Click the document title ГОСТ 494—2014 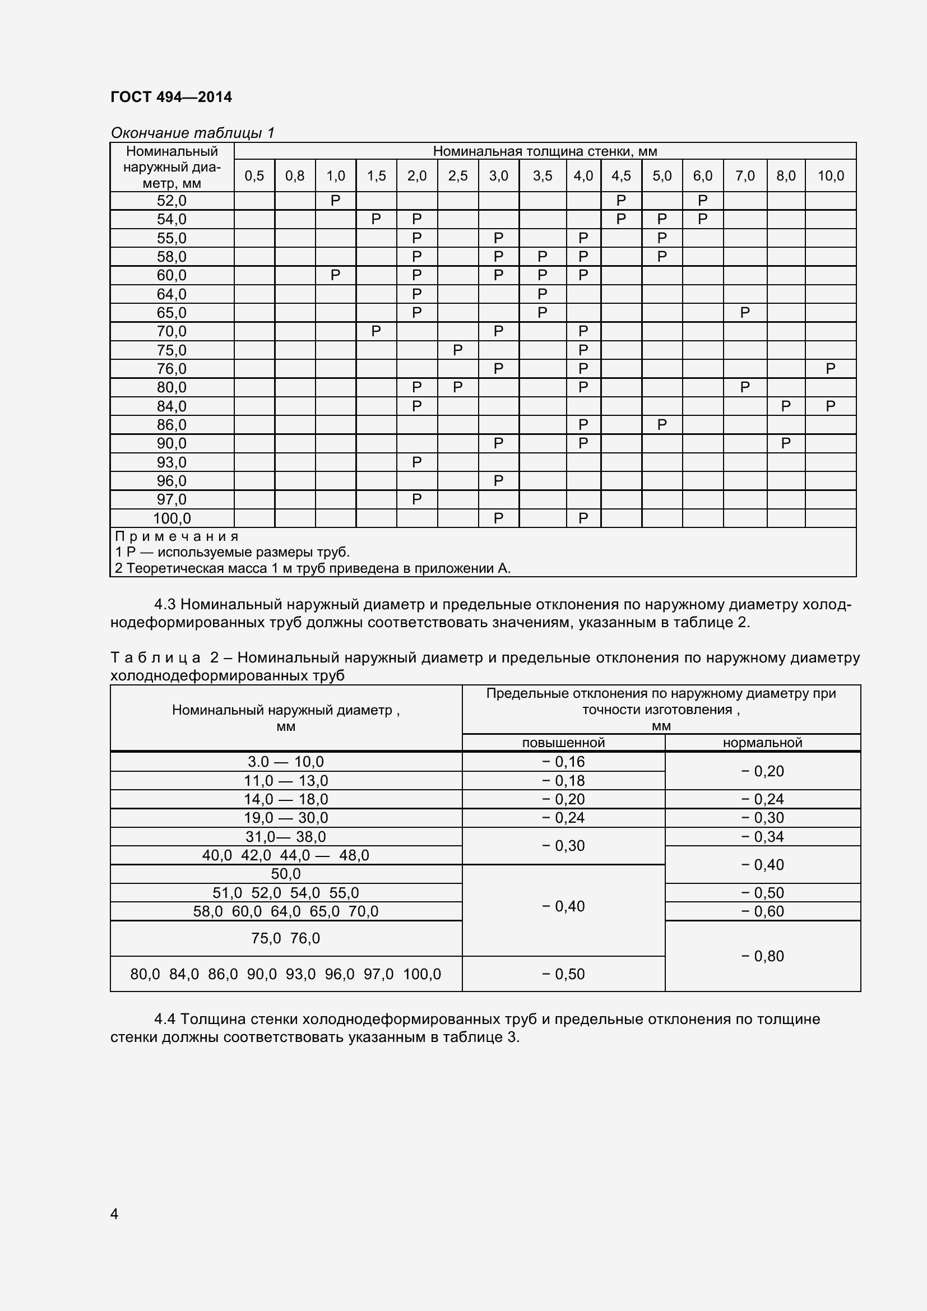pyautogui.click(x=171, y=97)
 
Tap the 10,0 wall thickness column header pyautogui.click(x=830, y=176)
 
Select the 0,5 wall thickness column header pyautogui.click(x=254, y=176)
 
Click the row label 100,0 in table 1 pyautogui.click(x=172, y=518)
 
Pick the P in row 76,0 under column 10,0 pyautogui.click(x=830, y=369)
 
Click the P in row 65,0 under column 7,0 pyautogui.click(x=744, y=313)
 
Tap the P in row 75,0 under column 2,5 pyautogui.click(x=457, y=350)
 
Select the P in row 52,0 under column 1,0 pyautogui.click(x=335, y=201)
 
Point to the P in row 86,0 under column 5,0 pyautogui.click(x=661, y=425)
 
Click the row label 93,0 pyautogui.click(x=172, y=462)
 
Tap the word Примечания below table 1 pyautogui.click(x=177, y=536)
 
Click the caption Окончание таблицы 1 pyautogui.click(x=192, y=133)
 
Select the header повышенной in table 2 pyautogui.click(x=563, y=742)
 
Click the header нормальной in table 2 pyautogui.click(x=762, y=742)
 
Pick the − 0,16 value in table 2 pyautogui.click(x=563, y=762)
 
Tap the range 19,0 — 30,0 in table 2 pyautogui.click(x=285, y=818)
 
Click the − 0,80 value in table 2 pyautogui.click(x=762, y=956)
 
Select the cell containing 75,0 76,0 pyautogui.click(x=285, y=938)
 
